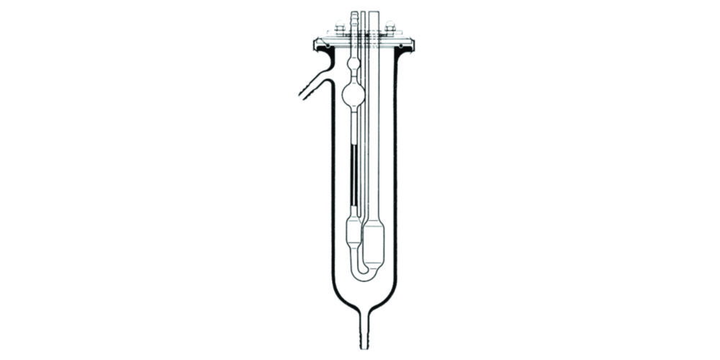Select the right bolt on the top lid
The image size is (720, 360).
click(x=390, y=31)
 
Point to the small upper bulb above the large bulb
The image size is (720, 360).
click(x=352, y=67)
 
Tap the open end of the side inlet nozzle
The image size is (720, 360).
click(x=297, y=93)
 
